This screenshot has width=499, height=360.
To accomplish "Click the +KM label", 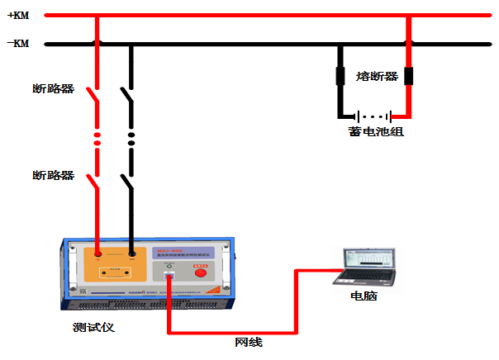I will click(17, 15).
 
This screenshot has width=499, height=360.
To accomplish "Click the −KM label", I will click(17, 44).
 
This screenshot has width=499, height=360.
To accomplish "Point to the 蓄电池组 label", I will click(376, 130).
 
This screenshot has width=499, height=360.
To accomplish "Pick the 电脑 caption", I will click(364, 296).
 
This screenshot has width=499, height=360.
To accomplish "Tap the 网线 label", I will click(249, 342).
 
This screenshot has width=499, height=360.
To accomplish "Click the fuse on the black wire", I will click(340, 77).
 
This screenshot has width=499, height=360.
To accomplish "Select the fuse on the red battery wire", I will click(407, 77).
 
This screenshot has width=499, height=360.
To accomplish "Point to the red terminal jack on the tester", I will click(98, 255).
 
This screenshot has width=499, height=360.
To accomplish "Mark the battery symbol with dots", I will click(374, 116).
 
